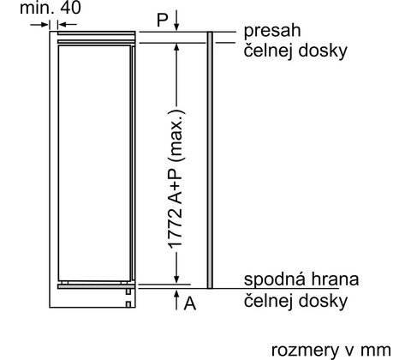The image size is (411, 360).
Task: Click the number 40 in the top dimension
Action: click(70, 8)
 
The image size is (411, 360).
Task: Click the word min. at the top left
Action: click(37, 8)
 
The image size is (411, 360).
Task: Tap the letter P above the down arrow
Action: click(163, 20)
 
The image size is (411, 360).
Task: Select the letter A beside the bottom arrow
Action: click(190, 303)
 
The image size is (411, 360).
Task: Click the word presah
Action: click(272, 31)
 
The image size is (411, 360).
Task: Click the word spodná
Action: click(275, 279)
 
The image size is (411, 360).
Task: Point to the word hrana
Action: click(335, 279)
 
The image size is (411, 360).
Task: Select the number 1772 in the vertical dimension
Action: click(175, 229)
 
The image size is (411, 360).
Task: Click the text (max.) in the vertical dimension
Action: click(176, 135)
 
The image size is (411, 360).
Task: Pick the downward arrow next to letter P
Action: click(176, 20)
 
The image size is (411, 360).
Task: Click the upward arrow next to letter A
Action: click(176, 299)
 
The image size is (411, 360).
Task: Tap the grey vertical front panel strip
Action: click(210, 160)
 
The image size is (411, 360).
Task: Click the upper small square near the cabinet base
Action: click(128, 291)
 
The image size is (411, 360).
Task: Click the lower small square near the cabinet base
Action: click(128, 304)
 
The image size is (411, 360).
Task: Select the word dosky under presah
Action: click(323, 51)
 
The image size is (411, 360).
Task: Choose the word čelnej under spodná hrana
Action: click(268, 301)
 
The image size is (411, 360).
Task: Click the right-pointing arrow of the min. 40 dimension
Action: click(39, 25)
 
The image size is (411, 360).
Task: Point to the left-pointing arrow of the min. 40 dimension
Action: click(67, 25)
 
